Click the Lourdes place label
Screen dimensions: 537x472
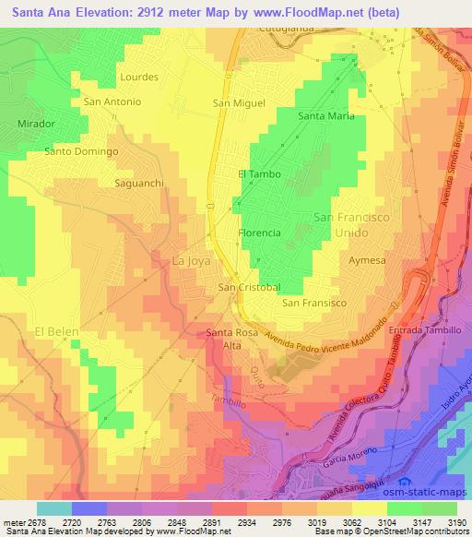(x=139, y=77)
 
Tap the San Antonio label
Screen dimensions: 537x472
(x=112, y=101)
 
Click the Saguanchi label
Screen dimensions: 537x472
(x=138, y=184)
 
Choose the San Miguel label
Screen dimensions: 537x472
(x=239, y=103)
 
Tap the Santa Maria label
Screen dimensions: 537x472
(x=326, y=116)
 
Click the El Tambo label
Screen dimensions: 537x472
(x=259, y=173)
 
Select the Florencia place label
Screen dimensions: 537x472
(x=259, y=233)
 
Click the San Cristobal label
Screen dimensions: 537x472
(x=249, y=288)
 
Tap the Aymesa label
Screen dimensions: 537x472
(x=367, y=261)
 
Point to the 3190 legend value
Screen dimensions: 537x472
(x=456, y=522)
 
